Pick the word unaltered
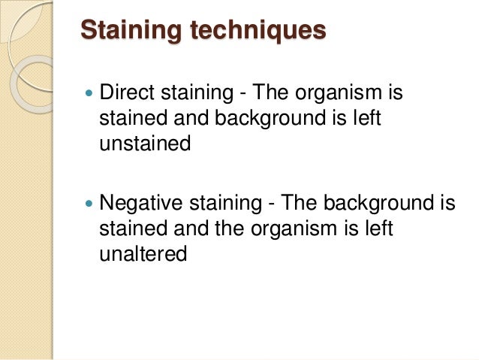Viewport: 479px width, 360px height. coord(143,254)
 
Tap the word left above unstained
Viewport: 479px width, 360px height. coord(358,119)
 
